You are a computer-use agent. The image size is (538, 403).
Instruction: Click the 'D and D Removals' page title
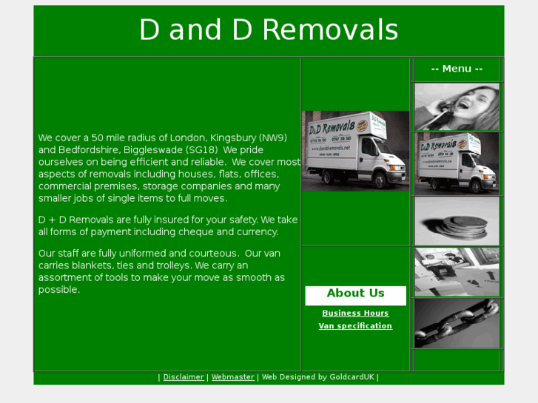(269, 30)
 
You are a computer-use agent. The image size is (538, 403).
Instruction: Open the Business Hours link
(355, 314)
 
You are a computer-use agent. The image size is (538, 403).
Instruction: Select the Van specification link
(355, 326)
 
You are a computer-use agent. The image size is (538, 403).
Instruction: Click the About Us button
(355, 294)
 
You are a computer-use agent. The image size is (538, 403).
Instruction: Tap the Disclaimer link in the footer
(184, 377)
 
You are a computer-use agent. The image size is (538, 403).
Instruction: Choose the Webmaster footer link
(233, 377)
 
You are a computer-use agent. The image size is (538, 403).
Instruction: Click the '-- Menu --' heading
(457, 69)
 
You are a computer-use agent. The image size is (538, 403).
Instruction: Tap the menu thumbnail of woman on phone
(457, 107)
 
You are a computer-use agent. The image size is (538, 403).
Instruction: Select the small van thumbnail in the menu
(457, 163)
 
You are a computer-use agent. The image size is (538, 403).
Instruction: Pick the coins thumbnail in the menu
(457, 221)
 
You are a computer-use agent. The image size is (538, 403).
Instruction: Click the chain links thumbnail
(457, 323)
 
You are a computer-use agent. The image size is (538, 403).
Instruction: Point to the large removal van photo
(355, 152)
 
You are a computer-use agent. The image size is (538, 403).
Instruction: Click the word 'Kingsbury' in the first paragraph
(233, 138)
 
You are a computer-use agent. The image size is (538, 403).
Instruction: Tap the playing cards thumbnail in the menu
(457, 272)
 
